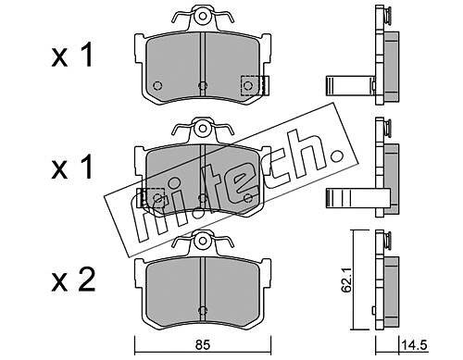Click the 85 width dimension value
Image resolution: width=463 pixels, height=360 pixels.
coord(203,344)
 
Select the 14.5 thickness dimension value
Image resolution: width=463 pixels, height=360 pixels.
coord(415,345)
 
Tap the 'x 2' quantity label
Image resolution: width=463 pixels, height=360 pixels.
coord(73,281)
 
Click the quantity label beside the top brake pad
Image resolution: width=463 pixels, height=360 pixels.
coord(72,56)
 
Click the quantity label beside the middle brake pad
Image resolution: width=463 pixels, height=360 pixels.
coord(72,168)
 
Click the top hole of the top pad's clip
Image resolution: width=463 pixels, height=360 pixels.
coord(202,16)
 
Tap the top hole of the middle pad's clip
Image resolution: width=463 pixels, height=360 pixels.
coord(202,128)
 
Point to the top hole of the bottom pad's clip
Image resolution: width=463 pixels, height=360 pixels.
coord(202,240)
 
